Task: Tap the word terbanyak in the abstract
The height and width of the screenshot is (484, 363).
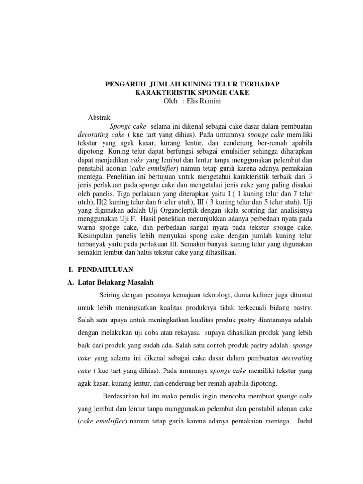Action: [x=93, y=244]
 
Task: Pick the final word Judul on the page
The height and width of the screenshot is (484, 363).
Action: [x=302, y=420]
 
